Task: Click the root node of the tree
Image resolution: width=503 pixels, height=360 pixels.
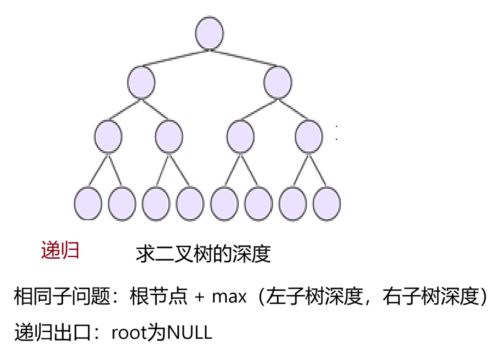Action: coord(209,34)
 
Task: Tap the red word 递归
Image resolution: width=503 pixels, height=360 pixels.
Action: coord(60,250)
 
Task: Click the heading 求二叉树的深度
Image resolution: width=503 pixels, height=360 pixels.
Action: coord(203,254)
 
